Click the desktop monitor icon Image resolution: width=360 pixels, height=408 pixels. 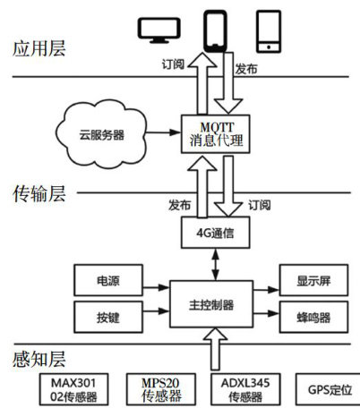[159, 30]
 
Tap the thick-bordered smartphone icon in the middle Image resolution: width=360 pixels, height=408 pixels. [215, 31]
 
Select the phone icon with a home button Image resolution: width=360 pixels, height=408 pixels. [269, 31]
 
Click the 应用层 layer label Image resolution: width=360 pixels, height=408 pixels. [39, 48]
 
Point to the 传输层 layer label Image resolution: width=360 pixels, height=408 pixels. [39, 194]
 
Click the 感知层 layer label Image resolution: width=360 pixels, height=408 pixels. [39, 359]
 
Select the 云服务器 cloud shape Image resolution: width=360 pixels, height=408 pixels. [101, 135]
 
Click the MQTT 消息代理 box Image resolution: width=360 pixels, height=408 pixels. [216, 134]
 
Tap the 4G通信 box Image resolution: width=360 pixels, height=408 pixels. [216, 233]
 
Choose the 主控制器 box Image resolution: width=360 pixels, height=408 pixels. [211, 304]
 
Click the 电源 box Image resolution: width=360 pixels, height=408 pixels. [108, 280]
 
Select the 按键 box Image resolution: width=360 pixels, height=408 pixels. [108, 317]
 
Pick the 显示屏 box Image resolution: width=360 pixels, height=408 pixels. [313, 280]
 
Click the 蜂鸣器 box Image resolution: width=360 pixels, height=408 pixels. [313, 317]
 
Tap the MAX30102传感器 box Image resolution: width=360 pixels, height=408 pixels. [73, 389]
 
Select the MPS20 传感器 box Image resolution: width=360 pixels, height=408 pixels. [161, 389]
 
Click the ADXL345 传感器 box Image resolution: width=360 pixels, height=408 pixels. [245, 389]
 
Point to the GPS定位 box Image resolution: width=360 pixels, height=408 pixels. [329, 389]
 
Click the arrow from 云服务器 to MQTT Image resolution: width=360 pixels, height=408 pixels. [164, 132]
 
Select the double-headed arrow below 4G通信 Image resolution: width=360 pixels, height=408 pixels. [215, 264]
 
